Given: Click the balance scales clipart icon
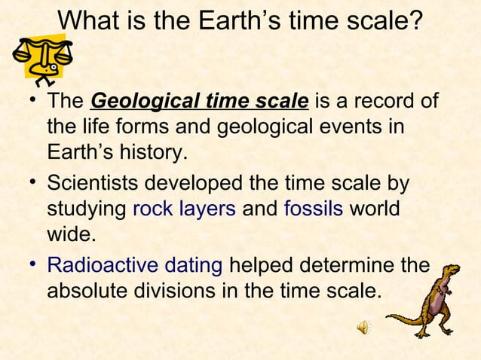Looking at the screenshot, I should click(41, 59).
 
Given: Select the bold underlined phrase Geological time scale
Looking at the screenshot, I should click(199, 100).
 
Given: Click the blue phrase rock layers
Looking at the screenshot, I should click(192, 209).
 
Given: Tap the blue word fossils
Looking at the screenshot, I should click(314, 209).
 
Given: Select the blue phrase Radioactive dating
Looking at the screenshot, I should click(134, 264).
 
